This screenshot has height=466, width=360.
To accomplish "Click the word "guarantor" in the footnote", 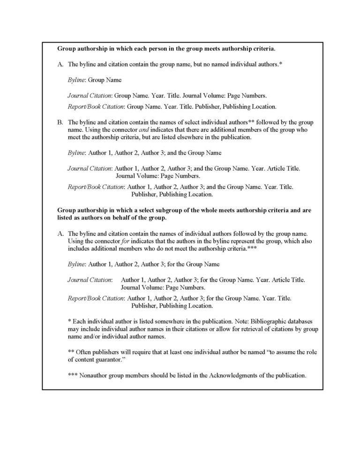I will (x=102, y=359).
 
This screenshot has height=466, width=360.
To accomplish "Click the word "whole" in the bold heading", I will (x=210, y=210).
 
